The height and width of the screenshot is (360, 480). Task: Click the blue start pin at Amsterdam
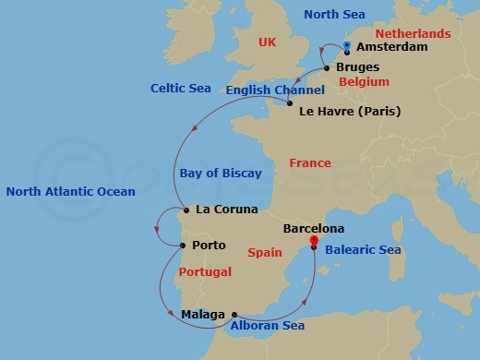[x=346, y=46]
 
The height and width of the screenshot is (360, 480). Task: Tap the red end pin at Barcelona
[x=315, y=243]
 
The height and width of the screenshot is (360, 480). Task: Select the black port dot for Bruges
[x=327, y=67]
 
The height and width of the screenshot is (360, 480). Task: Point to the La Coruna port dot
[x=186, y=210]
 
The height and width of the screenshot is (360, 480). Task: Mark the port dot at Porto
[x=186, y=245]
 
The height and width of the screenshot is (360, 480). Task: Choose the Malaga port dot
[x=234, y=314]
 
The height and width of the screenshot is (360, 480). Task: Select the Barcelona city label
[x=314, y=228]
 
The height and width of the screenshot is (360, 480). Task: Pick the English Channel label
[x=275, y=90]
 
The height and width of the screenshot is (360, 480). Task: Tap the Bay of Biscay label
[x=221, y=173]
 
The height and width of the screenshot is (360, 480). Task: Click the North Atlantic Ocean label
[x=70, y=192]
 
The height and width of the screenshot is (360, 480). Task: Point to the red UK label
[x=267, y=42]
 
